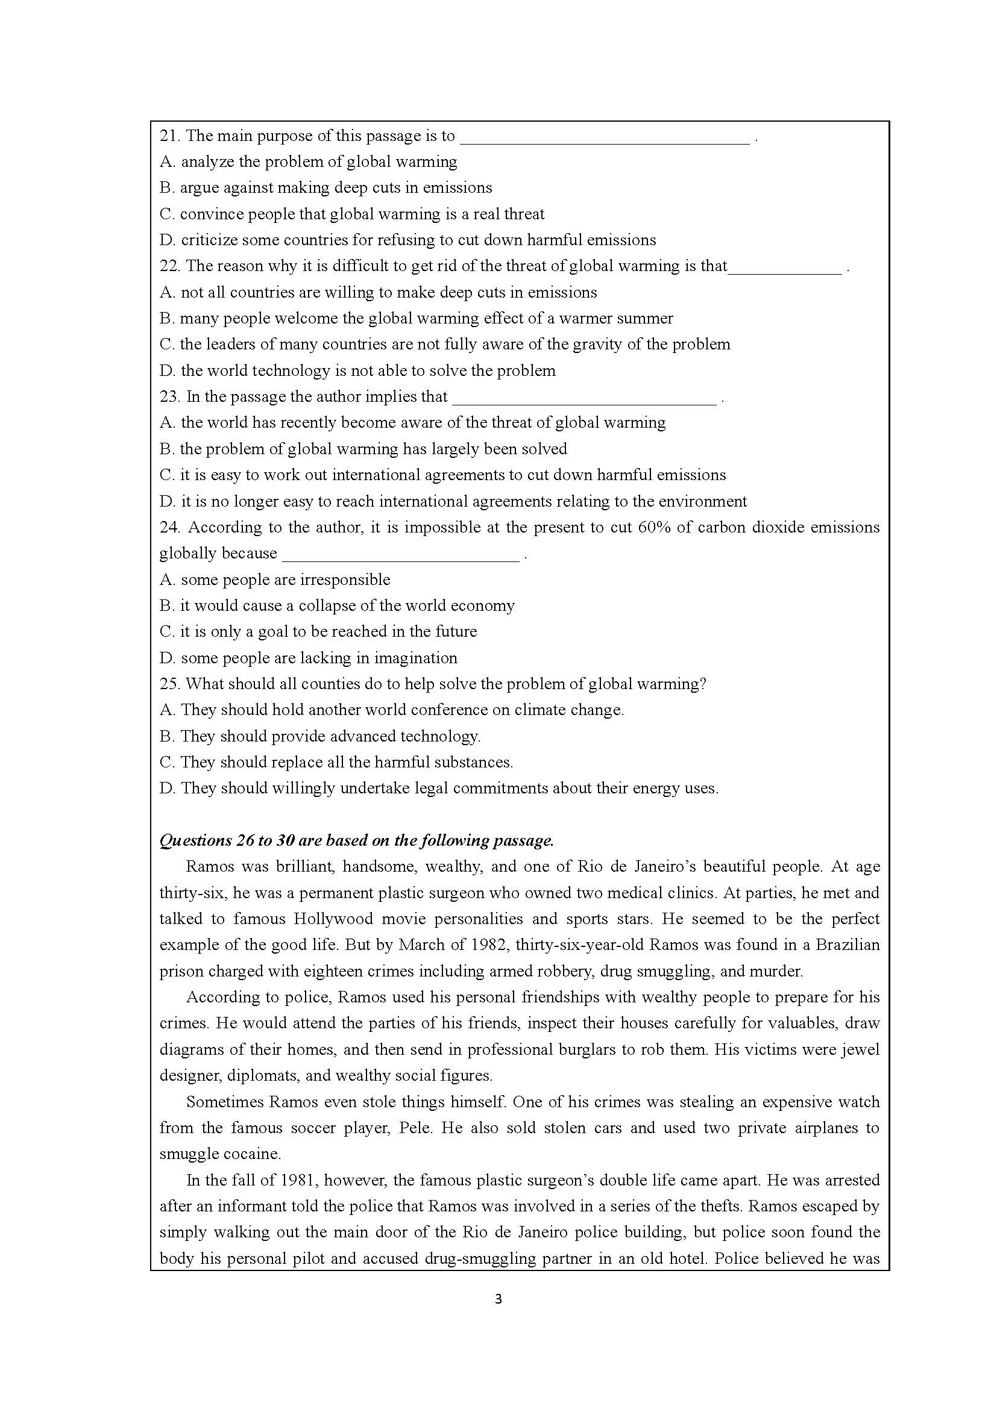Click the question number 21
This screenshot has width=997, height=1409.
coord(169,136)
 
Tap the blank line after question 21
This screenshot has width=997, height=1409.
coord(604,139)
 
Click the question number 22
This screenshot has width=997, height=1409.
coord(170,266)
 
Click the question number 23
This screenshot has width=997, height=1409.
coord(170,397)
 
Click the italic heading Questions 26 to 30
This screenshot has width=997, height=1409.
coord(356,841)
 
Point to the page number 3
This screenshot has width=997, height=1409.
coord(498,1299)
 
